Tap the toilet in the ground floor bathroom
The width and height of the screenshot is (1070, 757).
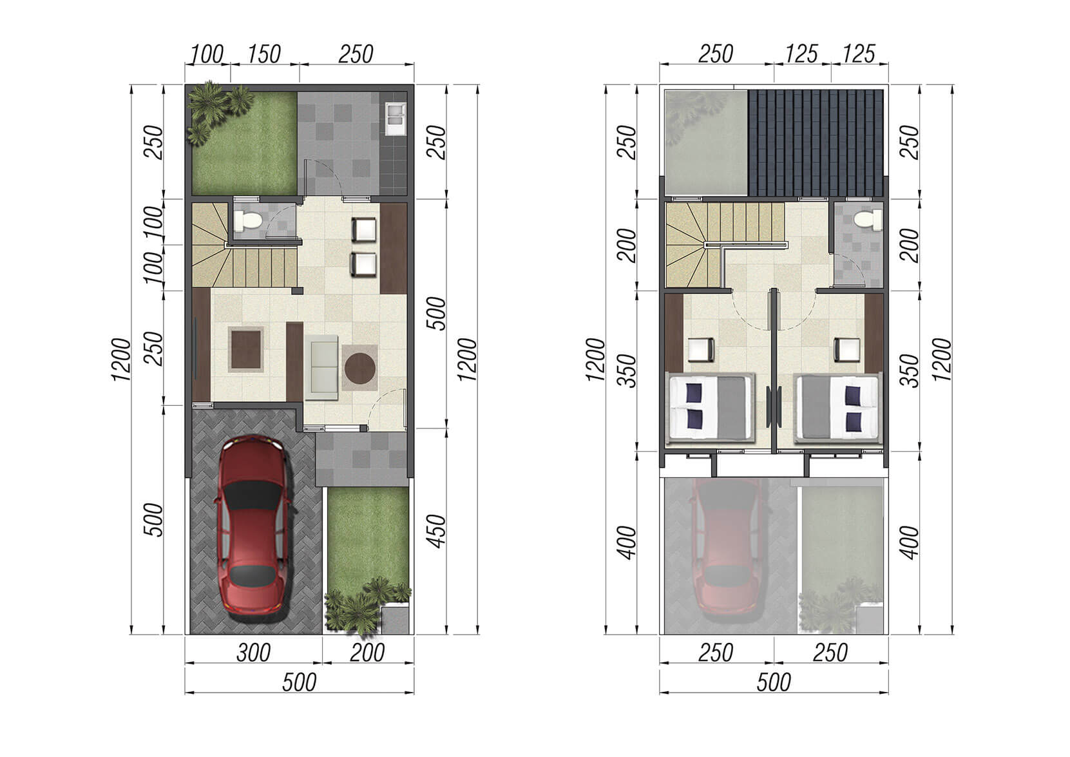pos(249,220)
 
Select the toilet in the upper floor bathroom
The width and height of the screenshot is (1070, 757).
pos(868,220)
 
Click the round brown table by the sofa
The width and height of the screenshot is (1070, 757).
pos(359,369)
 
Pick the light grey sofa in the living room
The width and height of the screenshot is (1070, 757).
pos(321,367)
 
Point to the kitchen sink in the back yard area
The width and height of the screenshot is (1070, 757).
pos(396,119)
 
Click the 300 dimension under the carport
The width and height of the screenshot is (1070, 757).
pos(253,653)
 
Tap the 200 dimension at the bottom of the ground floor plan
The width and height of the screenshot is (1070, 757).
pos(367,653)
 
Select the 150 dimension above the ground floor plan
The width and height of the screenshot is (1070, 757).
pos(263,54)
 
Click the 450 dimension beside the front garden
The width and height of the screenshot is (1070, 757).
pos(436,531)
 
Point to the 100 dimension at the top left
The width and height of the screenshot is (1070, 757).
pos(206,54)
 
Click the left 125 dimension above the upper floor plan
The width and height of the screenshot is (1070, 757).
pos(801,54)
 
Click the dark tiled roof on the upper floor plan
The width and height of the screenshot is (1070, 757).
pos(816,143)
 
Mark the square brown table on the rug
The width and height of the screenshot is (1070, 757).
pos(246,350)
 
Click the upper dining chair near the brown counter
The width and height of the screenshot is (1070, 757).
pos(364,229)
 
